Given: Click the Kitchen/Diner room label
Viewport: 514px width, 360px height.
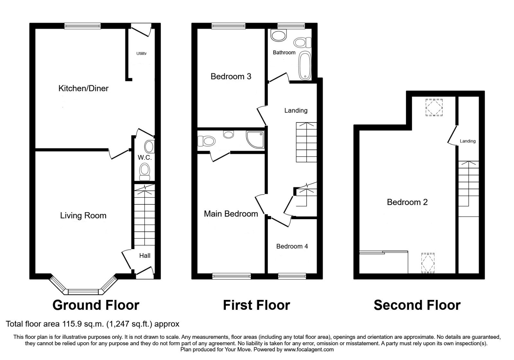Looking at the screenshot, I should point(83,88).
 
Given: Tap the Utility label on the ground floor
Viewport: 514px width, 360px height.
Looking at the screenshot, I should point(141,53).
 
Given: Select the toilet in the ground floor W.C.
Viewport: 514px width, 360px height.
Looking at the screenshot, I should point(145,172).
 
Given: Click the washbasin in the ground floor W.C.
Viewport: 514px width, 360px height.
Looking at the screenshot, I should point(149,147).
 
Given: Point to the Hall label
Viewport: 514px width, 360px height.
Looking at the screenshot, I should point(145,256).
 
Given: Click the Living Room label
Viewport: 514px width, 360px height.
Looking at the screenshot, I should point(83,215).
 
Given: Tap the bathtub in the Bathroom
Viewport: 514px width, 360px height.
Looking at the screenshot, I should point(305,66).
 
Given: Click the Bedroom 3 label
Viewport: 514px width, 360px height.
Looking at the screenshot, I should point(231,76).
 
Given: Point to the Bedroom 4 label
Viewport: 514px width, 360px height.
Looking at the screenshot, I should point(292,246).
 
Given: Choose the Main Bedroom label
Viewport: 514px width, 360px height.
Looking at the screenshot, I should point(231,214).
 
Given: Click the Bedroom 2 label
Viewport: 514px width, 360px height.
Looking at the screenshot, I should point(407,202).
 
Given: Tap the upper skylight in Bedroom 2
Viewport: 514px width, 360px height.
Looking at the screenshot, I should point(434,107).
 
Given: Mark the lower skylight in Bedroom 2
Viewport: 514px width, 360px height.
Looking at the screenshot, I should point(428,263).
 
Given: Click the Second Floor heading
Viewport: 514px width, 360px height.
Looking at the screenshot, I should point(417,305).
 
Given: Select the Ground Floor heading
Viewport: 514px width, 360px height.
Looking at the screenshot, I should point(96,305).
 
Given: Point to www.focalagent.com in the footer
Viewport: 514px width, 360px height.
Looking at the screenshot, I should point(309,349).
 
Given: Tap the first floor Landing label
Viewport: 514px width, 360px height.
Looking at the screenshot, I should point(296,111).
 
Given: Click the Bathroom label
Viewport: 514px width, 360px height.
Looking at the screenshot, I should point(284,52).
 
